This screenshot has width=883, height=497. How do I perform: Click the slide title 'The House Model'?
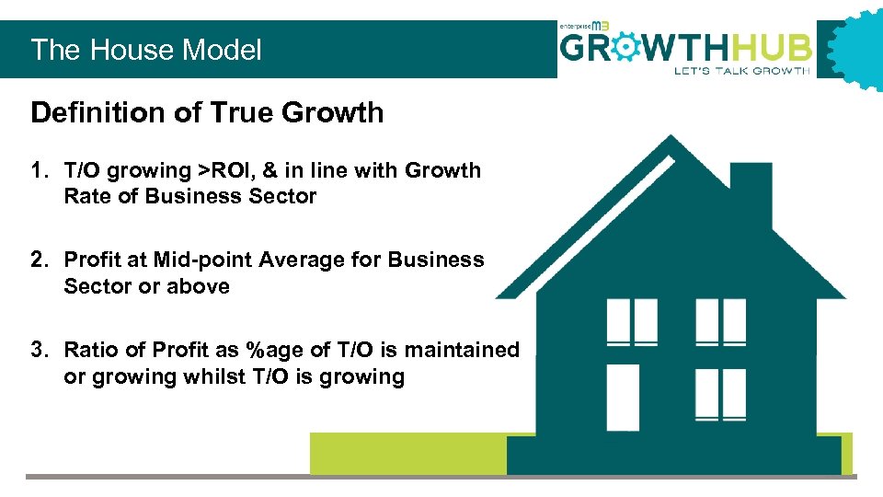coord(146,50)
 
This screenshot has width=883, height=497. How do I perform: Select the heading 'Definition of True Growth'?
coord(207,113)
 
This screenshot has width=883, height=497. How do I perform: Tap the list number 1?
coord(38,170)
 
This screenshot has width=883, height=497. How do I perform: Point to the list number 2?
coord(38,260)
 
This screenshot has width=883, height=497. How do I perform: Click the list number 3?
coord(38,351)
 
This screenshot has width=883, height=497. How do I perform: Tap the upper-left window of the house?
coord(632,322)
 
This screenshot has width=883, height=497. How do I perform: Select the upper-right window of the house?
coord(720,322)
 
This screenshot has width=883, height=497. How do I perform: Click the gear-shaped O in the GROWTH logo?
coord(625,47)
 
